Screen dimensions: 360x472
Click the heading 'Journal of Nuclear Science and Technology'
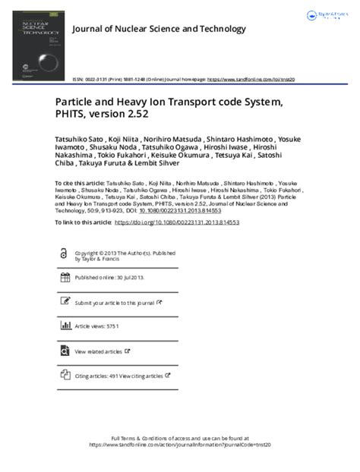pos(158,29)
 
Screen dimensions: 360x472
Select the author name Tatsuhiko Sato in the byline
pos(80,140)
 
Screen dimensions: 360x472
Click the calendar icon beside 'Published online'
pos(64,278)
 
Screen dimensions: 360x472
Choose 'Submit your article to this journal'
pos(115,302)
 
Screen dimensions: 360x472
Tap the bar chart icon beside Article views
pos(64,326)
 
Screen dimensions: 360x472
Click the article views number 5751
pos(112,326)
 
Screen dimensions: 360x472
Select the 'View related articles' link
pos(99,351)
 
